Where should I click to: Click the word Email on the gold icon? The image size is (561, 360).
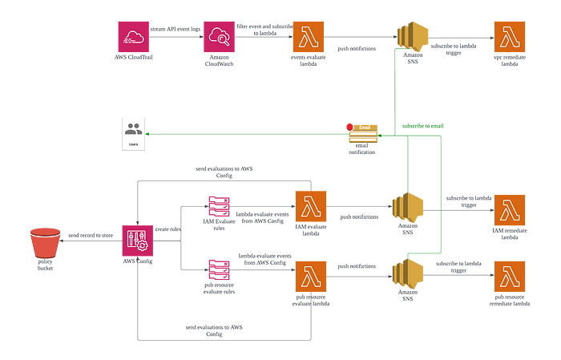coord(365,127)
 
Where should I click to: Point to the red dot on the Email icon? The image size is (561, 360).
coord(348,125)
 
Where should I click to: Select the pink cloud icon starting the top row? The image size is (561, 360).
coord(133,36)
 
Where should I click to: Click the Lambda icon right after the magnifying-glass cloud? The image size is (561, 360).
coord(309,36)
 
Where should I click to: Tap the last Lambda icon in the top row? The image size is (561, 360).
coord(511,36)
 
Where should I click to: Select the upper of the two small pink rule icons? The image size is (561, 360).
coord(220,205)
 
